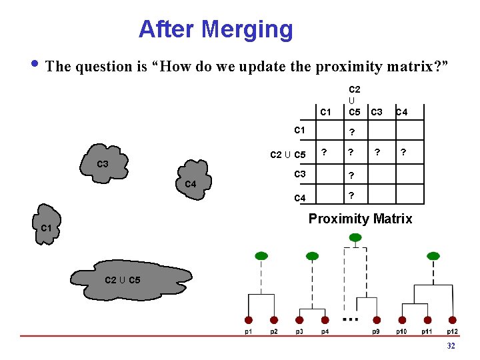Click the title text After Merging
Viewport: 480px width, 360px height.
pos(215,29)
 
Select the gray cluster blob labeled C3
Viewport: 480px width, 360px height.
pos(103,163)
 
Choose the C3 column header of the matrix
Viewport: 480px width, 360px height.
pos(377,111)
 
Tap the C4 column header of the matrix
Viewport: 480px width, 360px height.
pos(402,111)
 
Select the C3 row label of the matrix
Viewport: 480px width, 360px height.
pos(299,175)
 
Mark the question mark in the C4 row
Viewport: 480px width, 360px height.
pos(351,195)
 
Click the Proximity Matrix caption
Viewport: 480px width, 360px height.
pos(360,219)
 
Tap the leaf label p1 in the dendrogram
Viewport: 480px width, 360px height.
pos(248,331)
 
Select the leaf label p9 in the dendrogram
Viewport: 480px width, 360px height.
pos(376,331)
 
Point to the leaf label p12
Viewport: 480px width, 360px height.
pos(453,331)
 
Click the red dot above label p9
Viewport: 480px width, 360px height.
pos(377,320)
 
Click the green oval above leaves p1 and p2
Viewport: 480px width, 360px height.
pos(261,255)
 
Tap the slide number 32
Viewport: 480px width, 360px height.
pos(451,346)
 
